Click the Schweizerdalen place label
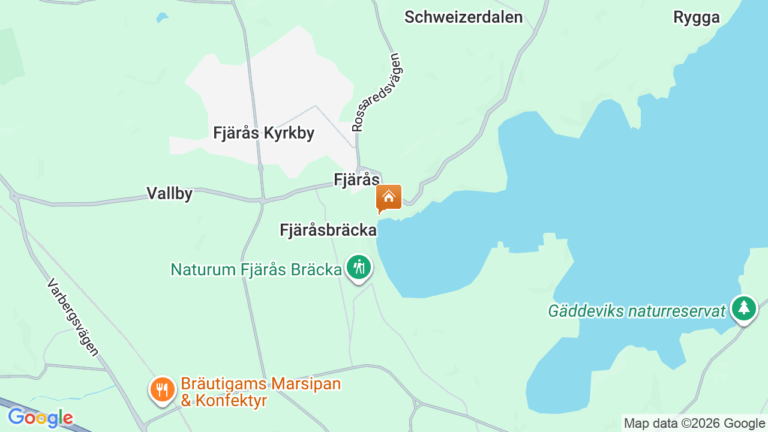point(463,17)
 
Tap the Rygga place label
point(696,17)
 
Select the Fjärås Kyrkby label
point(263,133)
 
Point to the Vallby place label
point(170,193)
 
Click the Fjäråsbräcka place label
point(328,230)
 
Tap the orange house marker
point(388,197)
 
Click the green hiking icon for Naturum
point(359,266)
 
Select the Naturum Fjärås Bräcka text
point(256,270)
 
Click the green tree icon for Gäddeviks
point(743,308)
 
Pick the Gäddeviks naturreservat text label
point(637,311)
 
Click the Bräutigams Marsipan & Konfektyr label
point(260,392)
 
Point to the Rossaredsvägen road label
point(376,92)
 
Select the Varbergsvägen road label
point(73,317)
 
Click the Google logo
point(40,418)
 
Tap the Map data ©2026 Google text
point(694,423)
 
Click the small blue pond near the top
point(162,17)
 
